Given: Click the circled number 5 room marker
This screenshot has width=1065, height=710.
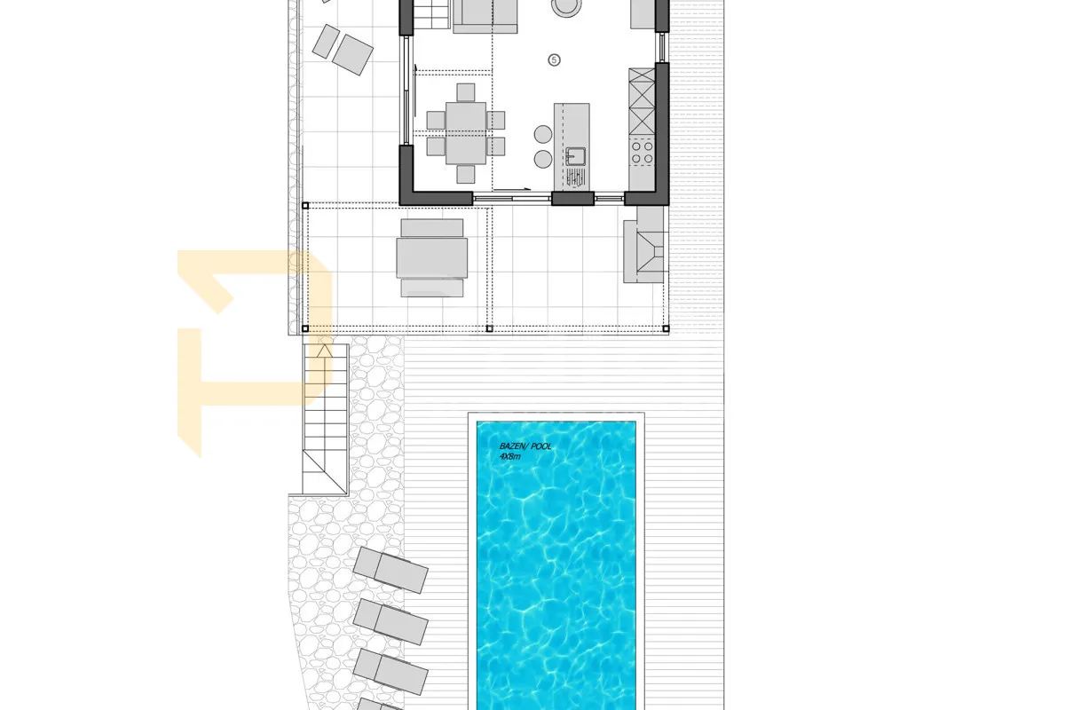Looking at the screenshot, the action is pos(554,60).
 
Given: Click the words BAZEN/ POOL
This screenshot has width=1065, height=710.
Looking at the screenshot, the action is pos(525,446).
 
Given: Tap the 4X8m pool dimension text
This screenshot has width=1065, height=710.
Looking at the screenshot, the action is pos(509,456).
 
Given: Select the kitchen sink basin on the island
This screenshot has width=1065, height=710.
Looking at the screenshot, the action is pos(576,156).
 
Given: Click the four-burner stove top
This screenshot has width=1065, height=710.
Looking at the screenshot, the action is pos(642,152).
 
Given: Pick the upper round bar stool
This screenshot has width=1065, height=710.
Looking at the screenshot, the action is pos(543,134).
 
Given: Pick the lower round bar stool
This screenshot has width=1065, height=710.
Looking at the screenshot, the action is pos(543,160).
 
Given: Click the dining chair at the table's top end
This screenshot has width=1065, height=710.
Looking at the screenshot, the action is pos(465,92).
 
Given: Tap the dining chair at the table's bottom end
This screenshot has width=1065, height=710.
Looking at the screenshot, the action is pos(465,174).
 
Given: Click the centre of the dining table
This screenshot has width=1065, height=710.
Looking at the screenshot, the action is pos(466,133).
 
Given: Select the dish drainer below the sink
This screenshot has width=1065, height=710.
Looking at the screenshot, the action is pos(575,177).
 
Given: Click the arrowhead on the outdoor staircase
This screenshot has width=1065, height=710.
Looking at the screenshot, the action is pos(325,351).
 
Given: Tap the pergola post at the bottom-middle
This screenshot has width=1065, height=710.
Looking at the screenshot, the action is pos(490,328).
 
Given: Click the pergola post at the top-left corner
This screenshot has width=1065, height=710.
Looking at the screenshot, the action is pos(305,206).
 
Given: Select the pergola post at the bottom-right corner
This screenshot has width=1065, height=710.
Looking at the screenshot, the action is pos(666,328).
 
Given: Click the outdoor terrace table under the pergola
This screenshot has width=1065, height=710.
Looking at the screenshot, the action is pos(431,257).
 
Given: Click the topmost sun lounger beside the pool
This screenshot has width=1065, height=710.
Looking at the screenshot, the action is pos(390,570).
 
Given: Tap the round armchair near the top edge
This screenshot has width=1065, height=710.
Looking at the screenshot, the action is pos(566,7).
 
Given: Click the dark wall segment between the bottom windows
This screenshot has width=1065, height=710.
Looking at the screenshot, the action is pos(573,198).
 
